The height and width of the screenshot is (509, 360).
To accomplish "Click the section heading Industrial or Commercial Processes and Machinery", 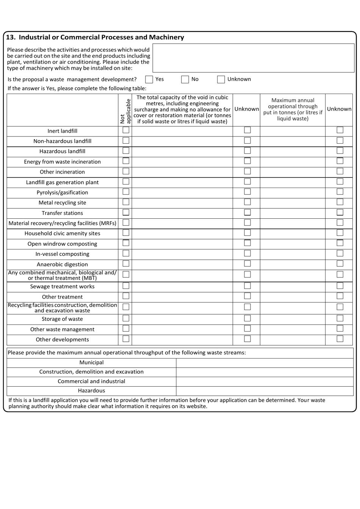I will (95, 37).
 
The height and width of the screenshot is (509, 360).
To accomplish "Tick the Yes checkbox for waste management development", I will (149, 79).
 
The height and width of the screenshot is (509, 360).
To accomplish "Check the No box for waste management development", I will (185, 79).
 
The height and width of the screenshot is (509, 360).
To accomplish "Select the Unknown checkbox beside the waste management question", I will (221, 79).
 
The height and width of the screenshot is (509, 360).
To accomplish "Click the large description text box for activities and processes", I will (253, 58).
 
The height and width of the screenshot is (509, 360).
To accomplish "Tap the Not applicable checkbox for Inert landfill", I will (126, 130).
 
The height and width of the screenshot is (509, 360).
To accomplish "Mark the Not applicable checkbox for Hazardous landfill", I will (126, 151).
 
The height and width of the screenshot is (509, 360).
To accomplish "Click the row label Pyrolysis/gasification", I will (62, 193).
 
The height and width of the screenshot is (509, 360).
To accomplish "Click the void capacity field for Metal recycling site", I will (182, 203).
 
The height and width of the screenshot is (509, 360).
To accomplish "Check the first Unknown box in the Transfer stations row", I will (247, 213).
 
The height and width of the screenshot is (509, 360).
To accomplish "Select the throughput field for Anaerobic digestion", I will (292, 264).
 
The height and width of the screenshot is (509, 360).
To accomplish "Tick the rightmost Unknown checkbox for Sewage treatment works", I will (340, 286).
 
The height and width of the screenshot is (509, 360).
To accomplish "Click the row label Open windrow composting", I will (62, 244).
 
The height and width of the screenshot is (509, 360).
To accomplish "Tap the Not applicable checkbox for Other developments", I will (126, 339).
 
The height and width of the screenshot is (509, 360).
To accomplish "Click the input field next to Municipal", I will (265, 362).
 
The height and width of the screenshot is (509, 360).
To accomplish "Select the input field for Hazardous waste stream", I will (265, 391).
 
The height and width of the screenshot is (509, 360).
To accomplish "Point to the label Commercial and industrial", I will (91, 381).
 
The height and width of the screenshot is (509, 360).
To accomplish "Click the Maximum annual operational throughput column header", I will (293, 110).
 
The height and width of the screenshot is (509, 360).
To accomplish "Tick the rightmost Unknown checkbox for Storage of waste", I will (340, 318).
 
